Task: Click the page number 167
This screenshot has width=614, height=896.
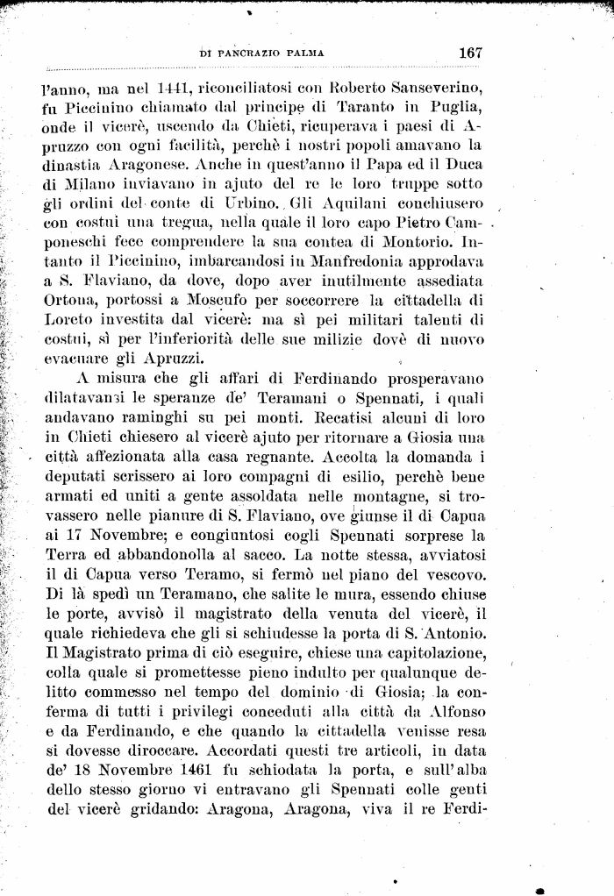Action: [x=470, y=53]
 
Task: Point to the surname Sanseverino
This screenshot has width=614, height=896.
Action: [x=433, y=89]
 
